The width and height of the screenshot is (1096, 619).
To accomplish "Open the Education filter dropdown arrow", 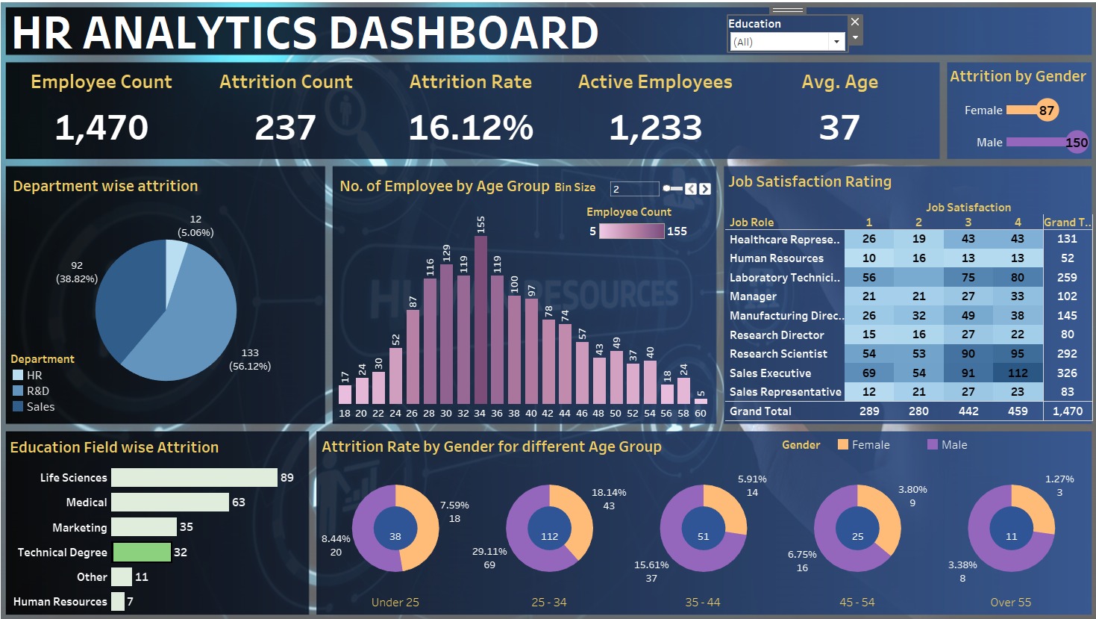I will (836, 42).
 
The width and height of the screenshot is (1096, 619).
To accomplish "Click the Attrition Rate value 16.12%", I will (471, 128).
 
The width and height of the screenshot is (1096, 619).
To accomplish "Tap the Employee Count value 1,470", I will (101, 128).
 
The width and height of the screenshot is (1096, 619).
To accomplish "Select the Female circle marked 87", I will (1047, 111).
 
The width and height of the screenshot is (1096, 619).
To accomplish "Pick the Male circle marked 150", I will (1077, 142).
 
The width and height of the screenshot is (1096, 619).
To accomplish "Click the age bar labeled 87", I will (413, 357).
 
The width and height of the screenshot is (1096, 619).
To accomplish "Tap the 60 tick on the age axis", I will (701, 413).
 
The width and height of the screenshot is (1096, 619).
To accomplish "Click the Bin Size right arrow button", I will (705, 189).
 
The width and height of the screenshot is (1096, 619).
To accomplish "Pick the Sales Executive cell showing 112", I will (1018, 373).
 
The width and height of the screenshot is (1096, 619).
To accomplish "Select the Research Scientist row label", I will (778, 354).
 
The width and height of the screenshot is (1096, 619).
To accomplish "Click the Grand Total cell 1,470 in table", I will (1067, 411).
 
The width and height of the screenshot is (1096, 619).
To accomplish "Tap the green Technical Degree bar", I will (141, 553).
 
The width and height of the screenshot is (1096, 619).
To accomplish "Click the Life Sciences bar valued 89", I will (194, 478).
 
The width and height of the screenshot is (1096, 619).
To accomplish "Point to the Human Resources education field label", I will (60, 602).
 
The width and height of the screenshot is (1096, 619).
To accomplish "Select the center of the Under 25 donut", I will (395, 536).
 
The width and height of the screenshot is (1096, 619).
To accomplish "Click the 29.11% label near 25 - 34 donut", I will (489, 551).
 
